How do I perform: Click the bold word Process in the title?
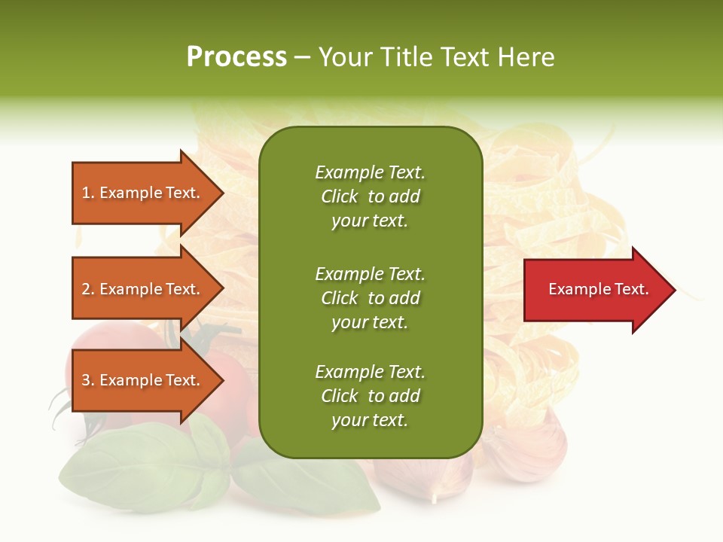click(x=236, y=57)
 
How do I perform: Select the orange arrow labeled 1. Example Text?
click(x=143, y=193)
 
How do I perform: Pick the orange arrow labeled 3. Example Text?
click(x=143, y=381)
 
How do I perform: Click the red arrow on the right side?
click(x=595, y=290)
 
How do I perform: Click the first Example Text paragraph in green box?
click(x=370, y=196)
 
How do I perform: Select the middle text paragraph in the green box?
click(x=370, y=298)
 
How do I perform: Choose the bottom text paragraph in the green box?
click(x=370, y=396)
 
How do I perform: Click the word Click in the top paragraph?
click(x=340, y=197)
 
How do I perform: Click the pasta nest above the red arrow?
click(x=557, y=188)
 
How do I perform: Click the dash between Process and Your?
click(x=302, y=58)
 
